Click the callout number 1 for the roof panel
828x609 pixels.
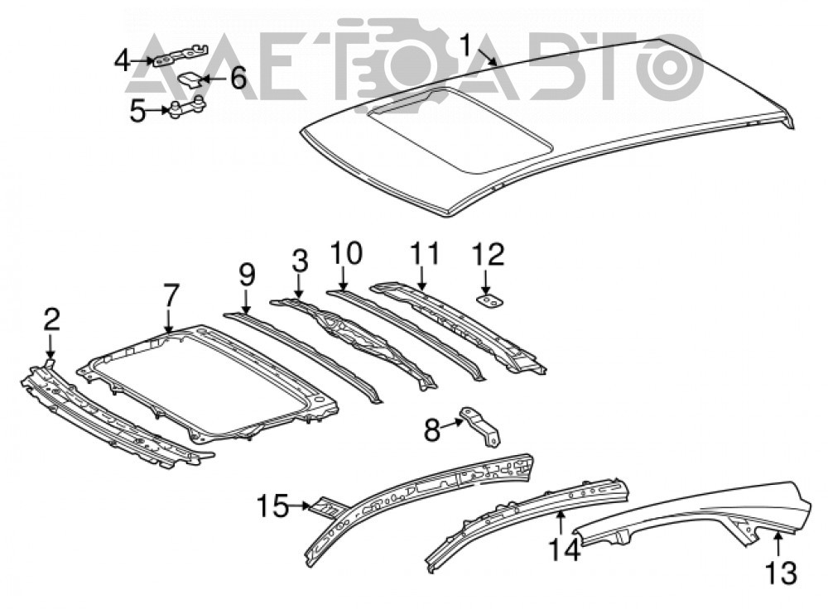[465, 45]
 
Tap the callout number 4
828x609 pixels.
[122, 60]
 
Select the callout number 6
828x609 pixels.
[237, 79]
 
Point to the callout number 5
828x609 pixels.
[137, 111]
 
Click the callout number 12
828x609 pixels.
[489, 254]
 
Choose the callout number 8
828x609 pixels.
[432, 430]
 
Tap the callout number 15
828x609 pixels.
[273, 506]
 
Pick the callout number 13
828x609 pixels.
[781, 573]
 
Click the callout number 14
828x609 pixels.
[564, 549]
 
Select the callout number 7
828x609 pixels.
[171, 295]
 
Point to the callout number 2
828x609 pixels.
[51, 320]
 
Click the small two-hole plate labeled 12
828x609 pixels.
[490, 301]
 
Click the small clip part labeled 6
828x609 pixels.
[191, 80]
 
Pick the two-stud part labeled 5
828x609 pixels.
[186, 107]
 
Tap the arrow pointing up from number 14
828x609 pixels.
[561, 524]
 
